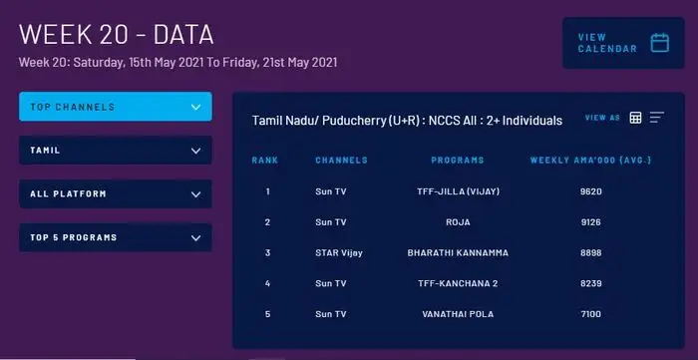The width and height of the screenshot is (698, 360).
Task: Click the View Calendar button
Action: click(x=622, y=43)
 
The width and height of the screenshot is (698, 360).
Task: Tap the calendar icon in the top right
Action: click(x=659, y=43)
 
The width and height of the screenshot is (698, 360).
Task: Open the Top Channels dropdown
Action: click(x=116, y=107)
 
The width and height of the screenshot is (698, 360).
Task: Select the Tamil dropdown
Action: click(x=116, y=151)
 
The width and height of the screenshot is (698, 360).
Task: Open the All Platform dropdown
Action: click(x=116, y=193)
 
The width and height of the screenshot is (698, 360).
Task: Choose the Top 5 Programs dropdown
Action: click(x=116, y=237)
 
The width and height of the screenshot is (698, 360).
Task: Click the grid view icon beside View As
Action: click(x=635, y=118)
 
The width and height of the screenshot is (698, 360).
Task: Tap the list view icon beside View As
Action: click(x=657, y=118)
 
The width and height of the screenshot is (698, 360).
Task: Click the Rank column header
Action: click(x=265, y=160)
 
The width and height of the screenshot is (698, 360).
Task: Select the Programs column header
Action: click(x=458, y=160)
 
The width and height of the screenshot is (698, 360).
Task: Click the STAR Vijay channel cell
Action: click(x=339, y=252)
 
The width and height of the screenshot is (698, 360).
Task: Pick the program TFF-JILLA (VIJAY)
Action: click(x=458, y=190)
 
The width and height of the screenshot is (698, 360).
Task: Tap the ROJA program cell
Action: click(x=458, y=221)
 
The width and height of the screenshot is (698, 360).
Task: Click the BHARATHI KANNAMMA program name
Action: click(x=458, y=252)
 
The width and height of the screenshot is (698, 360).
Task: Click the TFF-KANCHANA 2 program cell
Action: click(x=458, y=283)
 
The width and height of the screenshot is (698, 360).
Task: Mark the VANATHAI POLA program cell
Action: click(x=458, y=314)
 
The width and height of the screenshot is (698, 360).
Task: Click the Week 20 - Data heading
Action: click(x=117, y=35)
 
